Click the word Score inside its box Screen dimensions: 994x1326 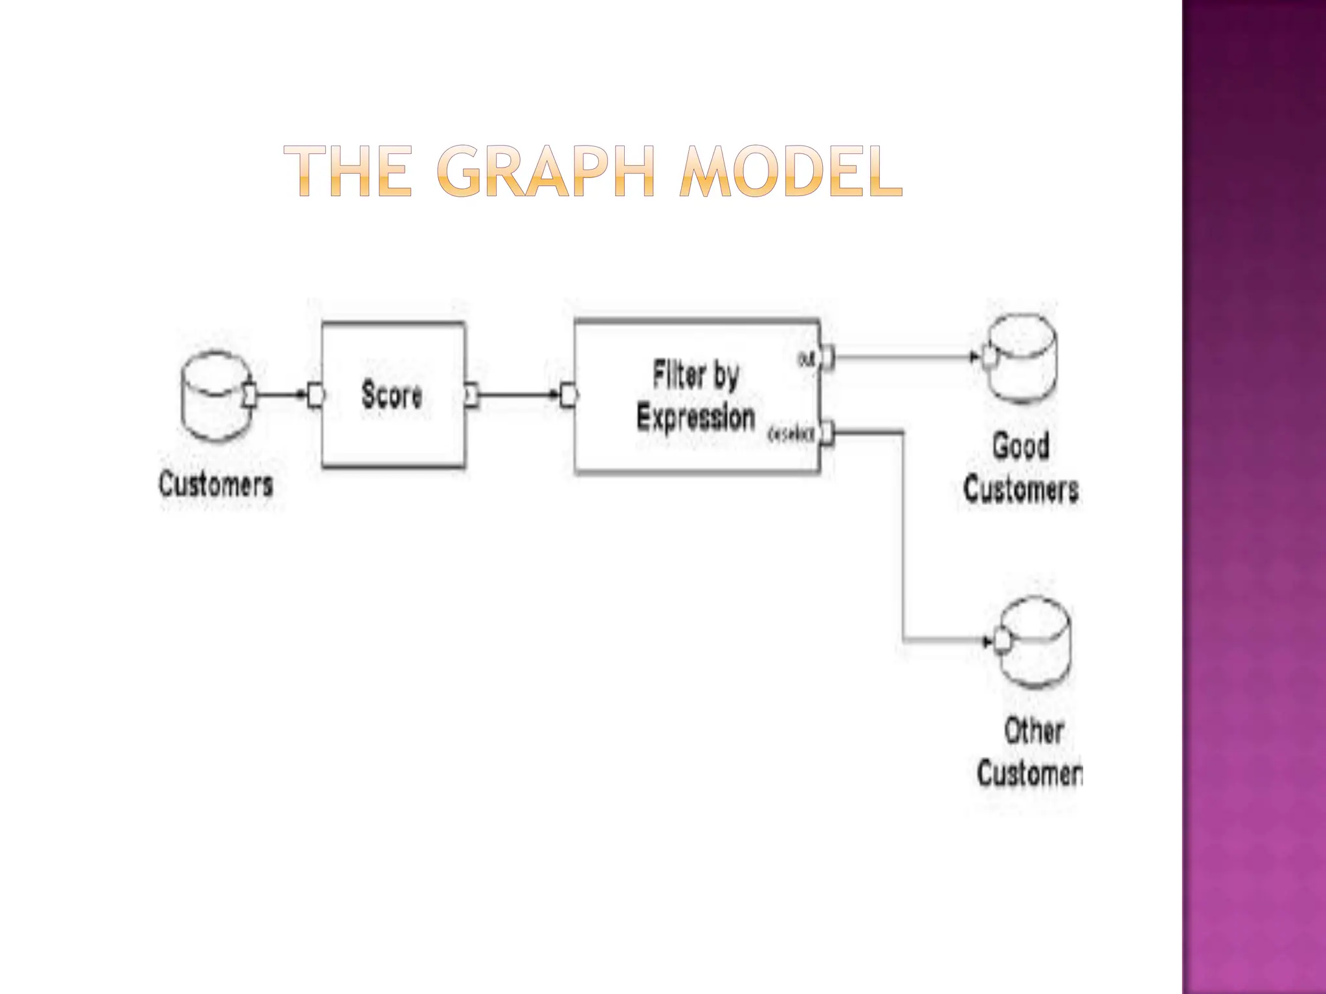coord(392,395)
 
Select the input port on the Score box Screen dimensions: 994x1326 coord(316,395)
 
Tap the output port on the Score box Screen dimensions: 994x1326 coord(472,395)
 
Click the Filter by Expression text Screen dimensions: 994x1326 coord(696,396)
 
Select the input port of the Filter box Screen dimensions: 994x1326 coord(568,395)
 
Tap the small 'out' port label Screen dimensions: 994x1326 coord(805,359)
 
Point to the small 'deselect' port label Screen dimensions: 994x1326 coord(790,435)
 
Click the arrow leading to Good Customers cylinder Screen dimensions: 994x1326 coord(906,357)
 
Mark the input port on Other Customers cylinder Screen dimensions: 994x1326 coord(1002,641)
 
